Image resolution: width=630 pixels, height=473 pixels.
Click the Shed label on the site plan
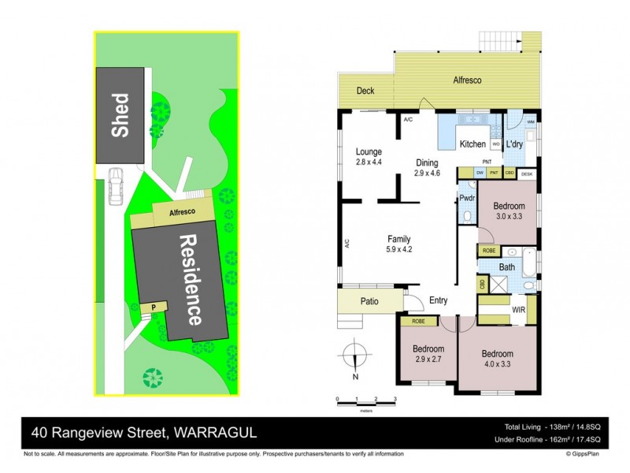tap(120, 116)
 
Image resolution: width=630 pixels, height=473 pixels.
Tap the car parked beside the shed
tap(117, 186)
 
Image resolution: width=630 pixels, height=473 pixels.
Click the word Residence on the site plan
tap(189, 279)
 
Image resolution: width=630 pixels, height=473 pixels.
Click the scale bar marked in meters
tap(365, 401)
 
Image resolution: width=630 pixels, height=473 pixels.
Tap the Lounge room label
tap(369, 156)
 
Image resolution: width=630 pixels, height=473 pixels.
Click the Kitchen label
tap(472, 144)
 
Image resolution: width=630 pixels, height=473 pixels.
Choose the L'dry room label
tap(514, 144)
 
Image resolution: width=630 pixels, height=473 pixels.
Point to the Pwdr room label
tap(466, 199)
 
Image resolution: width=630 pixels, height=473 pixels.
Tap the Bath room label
tap(506, 267)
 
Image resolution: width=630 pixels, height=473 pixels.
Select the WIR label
tap(518, 311)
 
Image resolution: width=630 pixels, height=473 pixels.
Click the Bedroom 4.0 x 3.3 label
tap(497, 359)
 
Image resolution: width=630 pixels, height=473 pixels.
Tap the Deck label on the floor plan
tap(364, 91)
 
